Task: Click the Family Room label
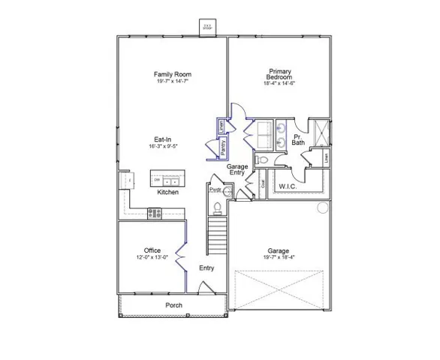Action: pyautogui.click(x=173, y=74)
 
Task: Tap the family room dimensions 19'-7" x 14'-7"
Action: pyautogui.click(x=173, y=81)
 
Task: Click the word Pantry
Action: pyautogui.click(x=223, y=146)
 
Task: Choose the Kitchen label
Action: pyautogui.click(x=167, y=193)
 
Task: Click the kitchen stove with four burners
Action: pyautogui.click(x=155, y=213)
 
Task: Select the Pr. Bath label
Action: pyautogui.click(x=298, y=139)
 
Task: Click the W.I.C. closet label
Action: pyautogui.click(x=290, y=185)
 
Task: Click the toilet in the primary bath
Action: pyautogui.click(x=262, y=160)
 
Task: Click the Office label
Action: pyautogui.click(x=152, y=250)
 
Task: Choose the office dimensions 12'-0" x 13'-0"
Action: pyautogui.click(x=152, y=257)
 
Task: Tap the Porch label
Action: pyautogui.click(x=174, y=305)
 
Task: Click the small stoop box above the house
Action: pyautogui.click(x=206, y=27)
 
